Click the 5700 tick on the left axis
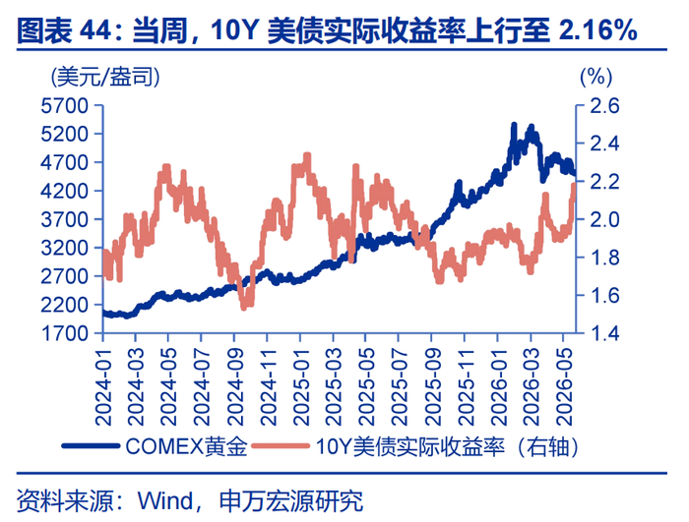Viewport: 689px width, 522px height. point(65,106)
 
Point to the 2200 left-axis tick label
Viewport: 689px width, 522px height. point(65,305)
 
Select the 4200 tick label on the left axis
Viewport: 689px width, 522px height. point(65,191)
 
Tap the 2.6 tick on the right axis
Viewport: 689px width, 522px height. point(604,106)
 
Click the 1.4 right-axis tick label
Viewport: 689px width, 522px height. point(604,333)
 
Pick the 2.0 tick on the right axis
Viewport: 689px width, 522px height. point(604,219)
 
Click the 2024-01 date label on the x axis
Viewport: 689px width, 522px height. point(103,386)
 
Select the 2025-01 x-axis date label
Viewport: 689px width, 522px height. point(301,386)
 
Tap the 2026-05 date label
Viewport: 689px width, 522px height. point(564,386)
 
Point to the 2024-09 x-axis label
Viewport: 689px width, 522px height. point(235,386)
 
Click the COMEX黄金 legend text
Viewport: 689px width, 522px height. point(186,446)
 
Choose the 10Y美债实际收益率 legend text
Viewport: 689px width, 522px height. point(410,446)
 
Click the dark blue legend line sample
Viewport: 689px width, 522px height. point(91,446)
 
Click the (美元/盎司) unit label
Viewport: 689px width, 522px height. point(105,78)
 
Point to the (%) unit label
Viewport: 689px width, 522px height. point(596,78)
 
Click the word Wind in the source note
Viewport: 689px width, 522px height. point(165,501)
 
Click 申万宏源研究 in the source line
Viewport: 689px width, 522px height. point(291,501)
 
